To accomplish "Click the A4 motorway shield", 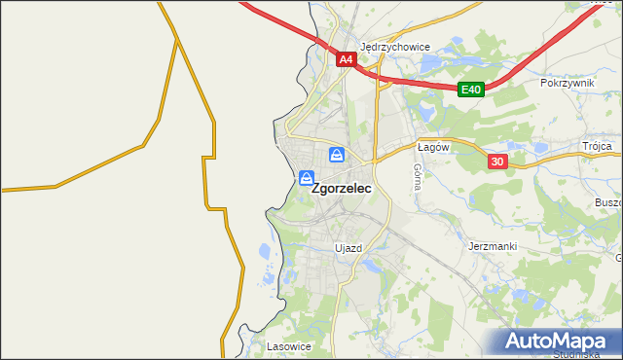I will click(x=346, y=59).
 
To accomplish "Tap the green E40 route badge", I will click(x=471, y=90).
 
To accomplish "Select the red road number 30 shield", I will click(x=497, y=162).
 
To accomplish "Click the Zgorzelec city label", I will click(x=341, y=192).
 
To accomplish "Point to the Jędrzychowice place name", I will click(x=394, y=46).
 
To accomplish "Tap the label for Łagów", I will click(x=431, y=147).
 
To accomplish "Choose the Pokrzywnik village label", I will click(x=567, y=84).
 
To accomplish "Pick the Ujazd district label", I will click(x=348, y=248).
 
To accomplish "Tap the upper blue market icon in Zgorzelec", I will click(x=336, y=155).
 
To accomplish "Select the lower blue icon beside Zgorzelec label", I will click(x=307, y=178).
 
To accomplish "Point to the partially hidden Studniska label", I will click(x=582, y=355).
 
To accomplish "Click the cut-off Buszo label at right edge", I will click(x=607, y=202).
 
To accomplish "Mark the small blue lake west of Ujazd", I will click(x=265, y=253).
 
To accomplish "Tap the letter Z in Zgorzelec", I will click(x=316, y=192).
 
